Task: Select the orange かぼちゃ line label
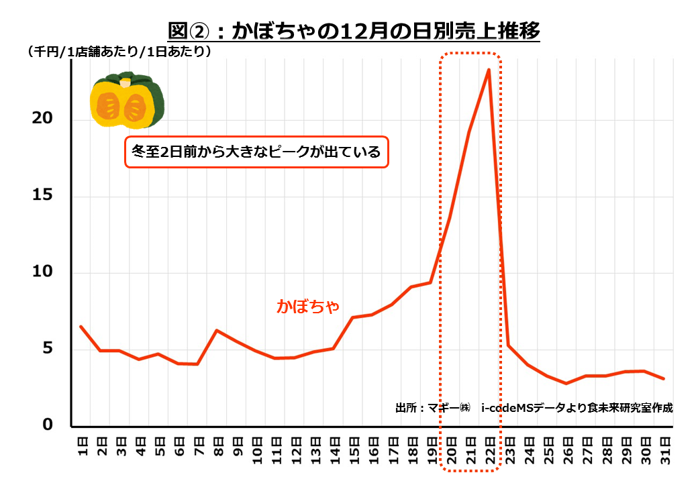[x=309, y=306]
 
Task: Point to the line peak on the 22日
[x=489, y=69]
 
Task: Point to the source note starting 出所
[x=534, y=407]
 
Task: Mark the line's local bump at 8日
[x=217, y=330]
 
